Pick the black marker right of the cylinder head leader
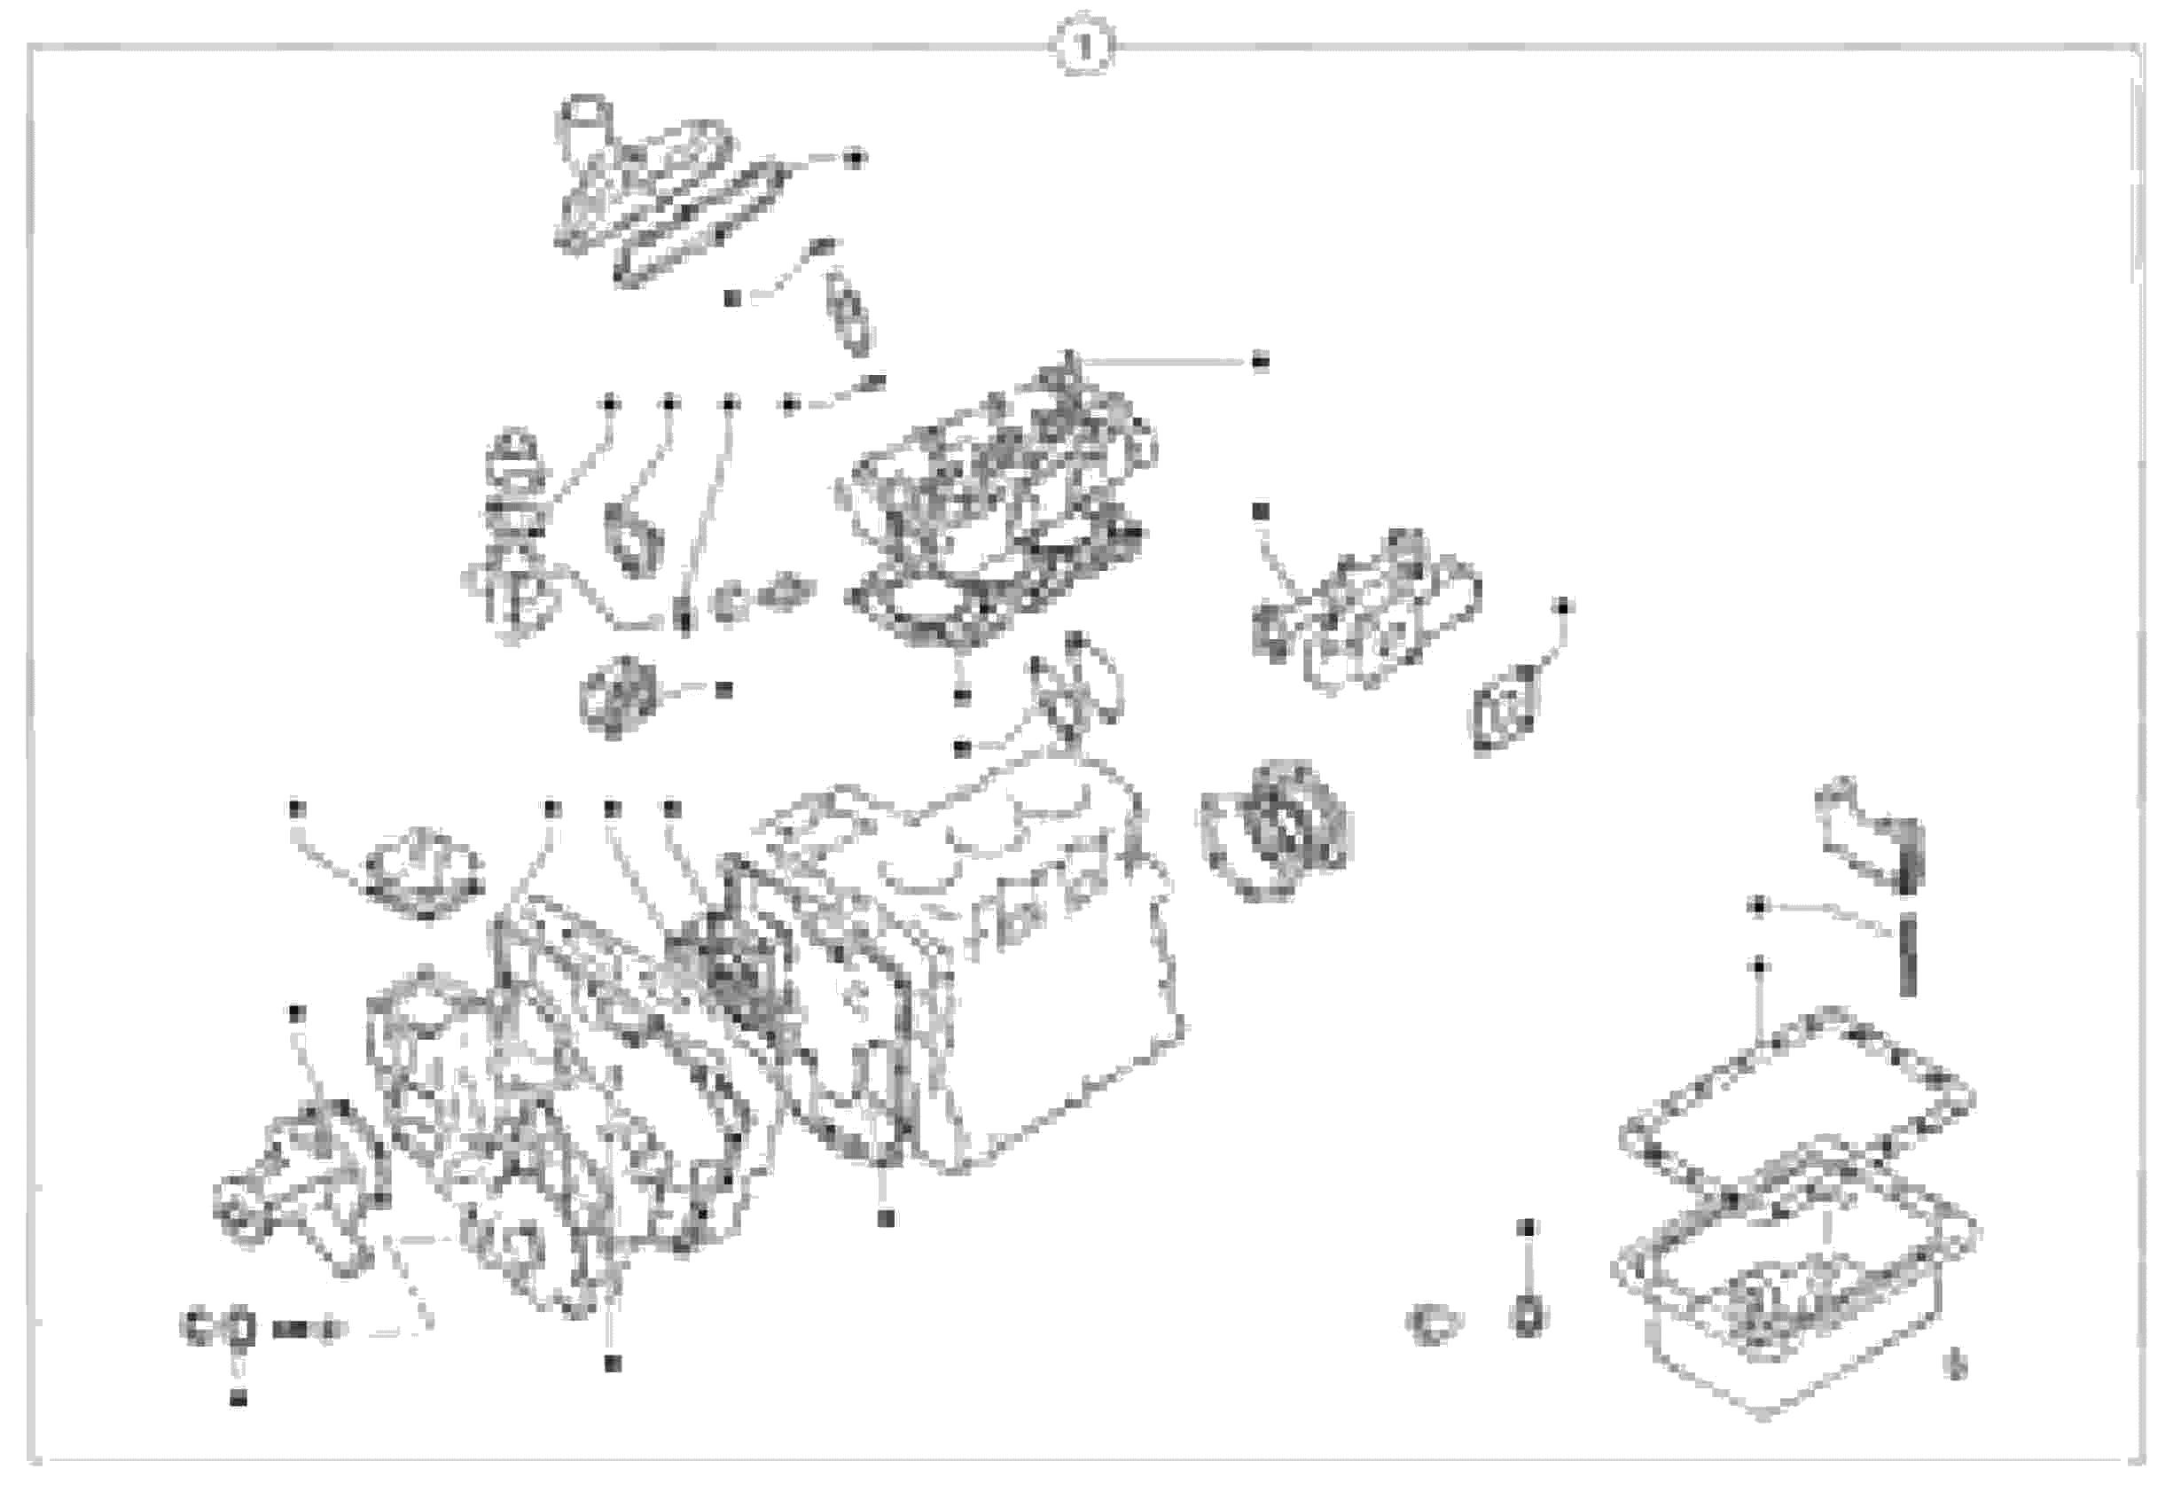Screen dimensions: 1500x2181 [1261, 362]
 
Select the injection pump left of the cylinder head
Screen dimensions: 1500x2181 [512, 545]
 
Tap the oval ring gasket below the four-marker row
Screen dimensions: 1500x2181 [634, 541]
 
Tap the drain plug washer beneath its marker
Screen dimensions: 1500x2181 [1528, 1316]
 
